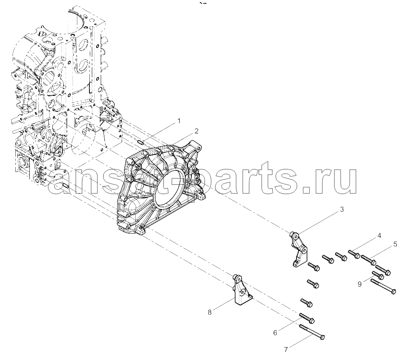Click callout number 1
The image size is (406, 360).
(x=178, y=121)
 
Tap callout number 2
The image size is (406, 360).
(x=197, y=131)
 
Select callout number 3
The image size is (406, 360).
(x=342, y=210)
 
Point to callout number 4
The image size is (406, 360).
(x=379, y=236)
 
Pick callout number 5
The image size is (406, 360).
(x=395, y=244)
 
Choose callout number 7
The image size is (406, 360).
(x=286, y=350)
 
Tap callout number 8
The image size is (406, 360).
(x=209, y=312)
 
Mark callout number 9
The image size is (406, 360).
(x=360, y=284)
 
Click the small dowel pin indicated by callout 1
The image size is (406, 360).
(x=141, y=142)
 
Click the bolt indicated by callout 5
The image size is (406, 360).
(x=369, y=260)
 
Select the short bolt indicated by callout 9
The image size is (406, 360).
(x=378, y=275)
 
